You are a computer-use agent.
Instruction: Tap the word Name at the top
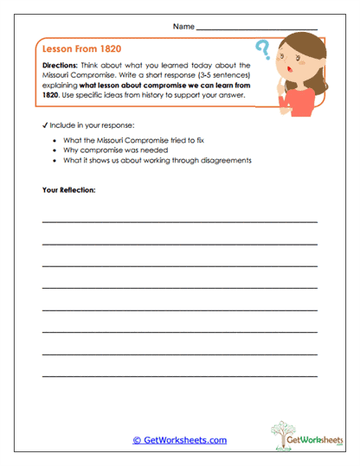pyautogui.click(x=183, y=28)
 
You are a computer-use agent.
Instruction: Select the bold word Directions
pyautogui.click(x=61, y=65)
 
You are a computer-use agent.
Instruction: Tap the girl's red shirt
pyautogui.click(x=299, y=102)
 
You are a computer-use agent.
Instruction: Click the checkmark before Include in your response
pyautogui.click(x=44, y=125)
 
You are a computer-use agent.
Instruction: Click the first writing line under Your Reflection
pyautogui.click(x=179, y=221)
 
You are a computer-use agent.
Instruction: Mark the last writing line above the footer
pyautogui.click(x=179, y=375)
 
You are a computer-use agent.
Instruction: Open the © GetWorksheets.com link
pyautogui.click(x=180, y=440)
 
